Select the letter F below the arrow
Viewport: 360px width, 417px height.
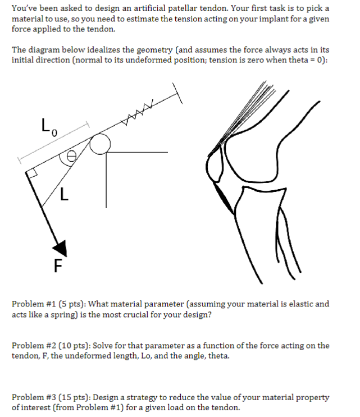(57, 264)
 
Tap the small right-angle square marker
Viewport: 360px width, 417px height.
(33, 175)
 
